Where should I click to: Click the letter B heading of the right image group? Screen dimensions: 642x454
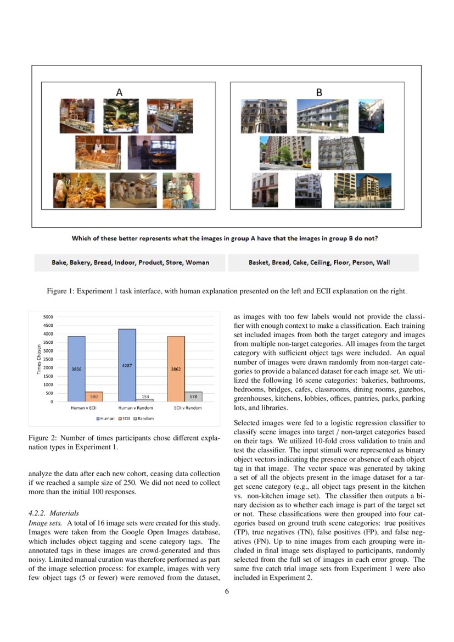[x=318, y=93]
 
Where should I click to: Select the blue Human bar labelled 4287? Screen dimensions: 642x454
[x=127, y=365]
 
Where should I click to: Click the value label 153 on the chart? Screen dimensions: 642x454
[x=145, y=396]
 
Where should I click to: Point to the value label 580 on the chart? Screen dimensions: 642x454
[x=94, y=396]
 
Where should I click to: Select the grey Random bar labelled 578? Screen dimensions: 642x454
[x=193, y=397]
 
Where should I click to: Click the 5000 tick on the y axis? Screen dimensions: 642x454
[x=48, y=317]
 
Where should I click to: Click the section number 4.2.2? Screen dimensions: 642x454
[x=38, y=513]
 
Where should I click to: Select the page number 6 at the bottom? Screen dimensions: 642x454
[x=227, y=591]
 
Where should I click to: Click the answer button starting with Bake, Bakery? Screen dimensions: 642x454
[x=130, y=263]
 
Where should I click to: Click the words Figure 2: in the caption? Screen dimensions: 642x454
[x=42, y=438]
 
